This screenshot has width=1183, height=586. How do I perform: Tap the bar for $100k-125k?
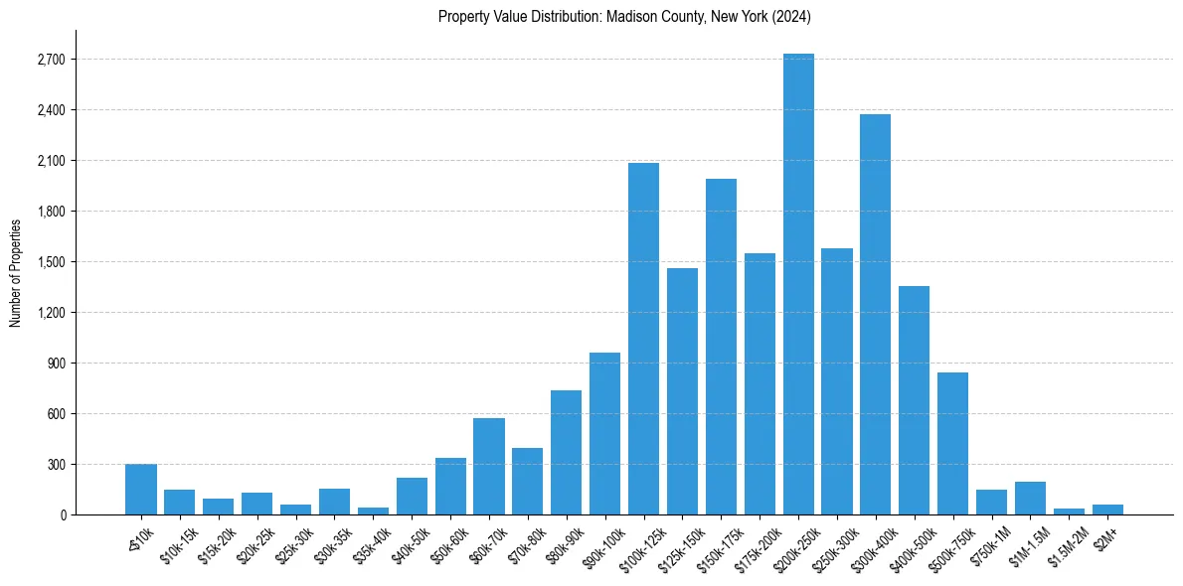click(643, 339)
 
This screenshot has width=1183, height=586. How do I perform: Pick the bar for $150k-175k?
click(721, 347)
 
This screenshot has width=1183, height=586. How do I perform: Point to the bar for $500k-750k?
click(952, 443)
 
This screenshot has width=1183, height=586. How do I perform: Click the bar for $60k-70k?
click(489, 466)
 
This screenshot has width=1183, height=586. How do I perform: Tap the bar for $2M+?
click(1107, 510)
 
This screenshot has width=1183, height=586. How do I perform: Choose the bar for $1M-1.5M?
click(1030, 498)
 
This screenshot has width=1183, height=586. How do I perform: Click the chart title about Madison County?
click(624, 17)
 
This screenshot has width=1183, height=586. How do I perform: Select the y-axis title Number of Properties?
click(15, 272)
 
